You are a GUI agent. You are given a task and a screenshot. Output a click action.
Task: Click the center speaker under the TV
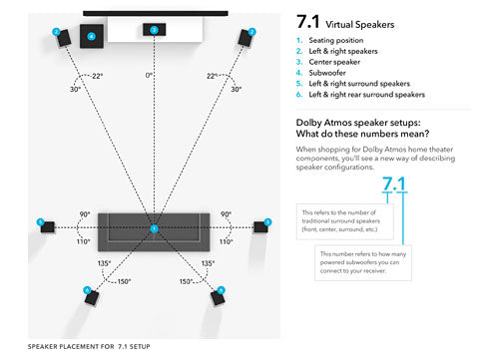[154, 30]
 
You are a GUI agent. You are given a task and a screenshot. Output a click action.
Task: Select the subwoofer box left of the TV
[91, 37]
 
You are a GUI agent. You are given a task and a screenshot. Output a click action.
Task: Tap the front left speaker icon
[62, 38]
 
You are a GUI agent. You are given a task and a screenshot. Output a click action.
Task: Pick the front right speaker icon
[246, 38]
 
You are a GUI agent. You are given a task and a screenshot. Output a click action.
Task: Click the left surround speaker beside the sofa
[46, 224]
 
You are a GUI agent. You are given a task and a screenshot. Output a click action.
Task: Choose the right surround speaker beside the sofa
[261, 224]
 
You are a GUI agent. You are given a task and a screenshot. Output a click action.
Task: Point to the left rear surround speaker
[91, 295]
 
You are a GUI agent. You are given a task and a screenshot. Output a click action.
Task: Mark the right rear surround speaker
[219, 295]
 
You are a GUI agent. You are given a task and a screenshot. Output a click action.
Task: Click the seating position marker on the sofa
[154, 229]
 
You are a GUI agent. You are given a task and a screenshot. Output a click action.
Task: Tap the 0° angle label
[151, 75]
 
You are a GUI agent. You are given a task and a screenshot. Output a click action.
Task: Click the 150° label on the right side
[187, 282]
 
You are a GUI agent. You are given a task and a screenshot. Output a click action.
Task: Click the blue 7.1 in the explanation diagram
[394, 184]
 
